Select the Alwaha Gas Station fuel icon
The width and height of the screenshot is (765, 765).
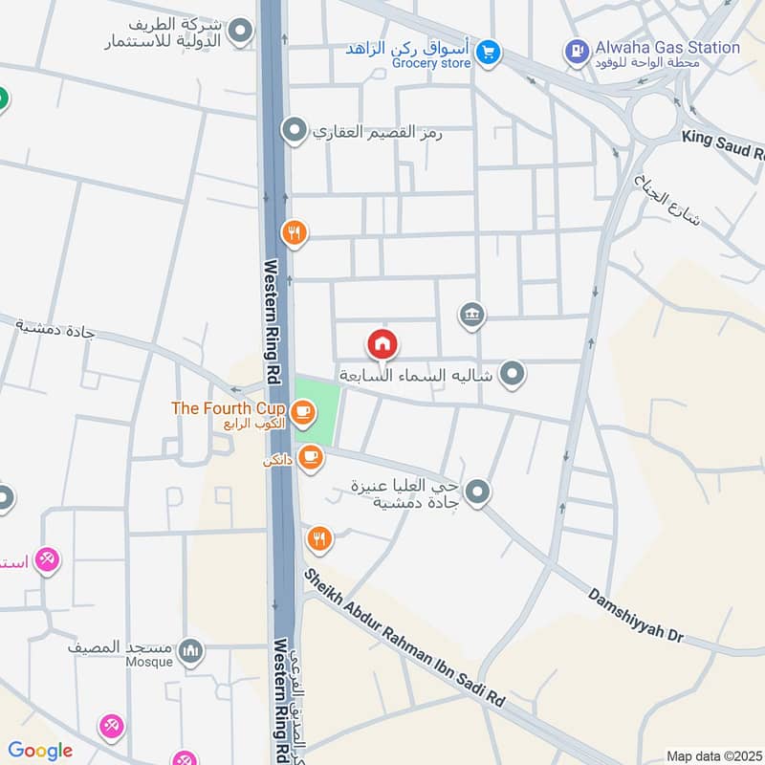(x=577, y=49)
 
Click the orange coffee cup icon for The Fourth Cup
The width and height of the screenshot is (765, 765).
(x=303, y=412)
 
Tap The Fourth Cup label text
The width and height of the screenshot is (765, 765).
(x=228, y=408)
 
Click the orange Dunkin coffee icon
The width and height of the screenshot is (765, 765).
(x=309, y=458)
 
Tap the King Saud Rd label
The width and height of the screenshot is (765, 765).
(x=723, y=144)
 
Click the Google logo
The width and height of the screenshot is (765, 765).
(x=40, y=751)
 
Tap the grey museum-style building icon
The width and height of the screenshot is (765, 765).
(x=471, y=315)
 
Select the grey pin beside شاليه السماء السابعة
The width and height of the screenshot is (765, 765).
(x=513, y=374)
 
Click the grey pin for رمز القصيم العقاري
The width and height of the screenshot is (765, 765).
(x=295, y=129)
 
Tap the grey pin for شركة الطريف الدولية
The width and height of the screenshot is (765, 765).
(x=241, y=33)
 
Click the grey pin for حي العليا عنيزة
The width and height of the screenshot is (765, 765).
(x=479, y=493)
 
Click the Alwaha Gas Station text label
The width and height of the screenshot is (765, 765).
(x=667, y=47)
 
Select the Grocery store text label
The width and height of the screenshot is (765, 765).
(x=431, y=63)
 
